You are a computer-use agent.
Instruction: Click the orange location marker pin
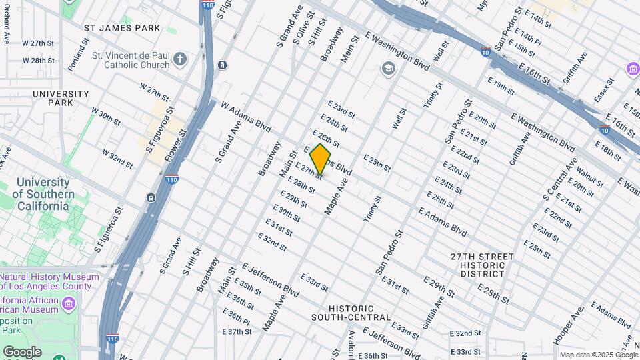click(x=320, y=159)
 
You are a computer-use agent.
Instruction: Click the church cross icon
click(x=179, y=60)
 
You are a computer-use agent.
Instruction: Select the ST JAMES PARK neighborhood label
click(x=123, y=28)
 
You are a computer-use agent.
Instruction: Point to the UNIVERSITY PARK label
click(x=61, y=98)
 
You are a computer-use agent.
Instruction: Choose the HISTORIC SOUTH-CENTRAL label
click(x=359, y=312)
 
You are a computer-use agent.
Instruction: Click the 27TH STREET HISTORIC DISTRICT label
click(x=481, y=265)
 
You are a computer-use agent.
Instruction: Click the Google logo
click(x=22, y=351)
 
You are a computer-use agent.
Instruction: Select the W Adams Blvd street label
click(x=246, y=116)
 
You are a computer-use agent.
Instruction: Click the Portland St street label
click(x=78, y=55)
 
